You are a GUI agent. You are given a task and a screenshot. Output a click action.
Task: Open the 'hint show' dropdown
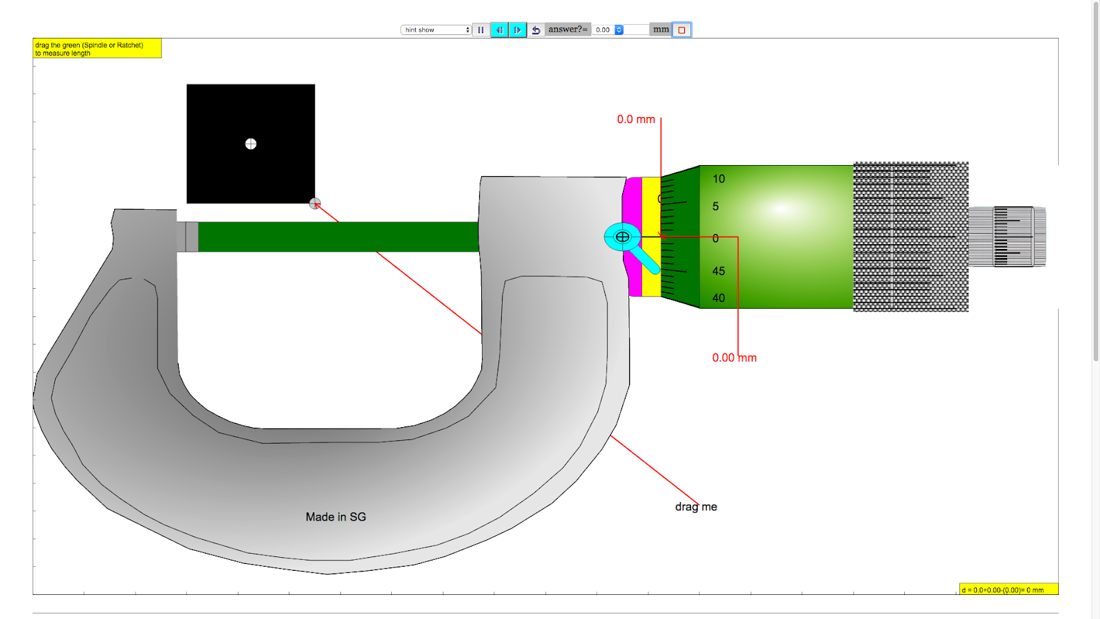click(x=436, y=30)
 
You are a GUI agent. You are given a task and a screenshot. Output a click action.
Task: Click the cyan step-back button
click(x=499, y=30)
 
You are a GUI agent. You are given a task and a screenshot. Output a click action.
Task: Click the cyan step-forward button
click(x=517, y=30)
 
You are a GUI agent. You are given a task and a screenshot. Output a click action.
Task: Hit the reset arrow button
click(x=536, y=30)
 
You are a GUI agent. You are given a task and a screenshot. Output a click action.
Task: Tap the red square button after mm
click(x=681, y=30)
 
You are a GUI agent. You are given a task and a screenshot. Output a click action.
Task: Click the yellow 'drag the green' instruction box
click(x=97, y=48)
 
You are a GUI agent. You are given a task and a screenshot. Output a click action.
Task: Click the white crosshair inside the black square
click(x=251, y=144)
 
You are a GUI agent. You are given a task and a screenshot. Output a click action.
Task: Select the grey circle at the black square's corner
click(x=315, y=204)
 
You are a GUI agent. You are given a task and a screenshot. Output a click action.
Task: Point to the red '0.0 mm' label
click(x=636, y=120)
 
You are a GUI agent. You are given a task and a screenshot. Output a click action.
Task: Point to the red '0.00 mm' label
click(x=734, y=358)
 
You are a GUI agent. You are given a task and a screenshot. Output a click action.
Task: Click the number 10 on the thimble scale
click(x=718, y=179)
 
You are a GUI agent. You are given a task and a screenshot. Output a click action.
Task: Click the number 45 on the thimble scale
click(x=718, y=271)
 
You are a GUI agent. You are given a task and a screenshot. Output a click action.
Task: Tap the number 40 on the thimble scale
click(x=718, y=298)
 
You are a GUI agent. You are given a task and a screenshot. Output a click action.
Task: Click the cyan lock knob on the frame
click(x=622, y=237)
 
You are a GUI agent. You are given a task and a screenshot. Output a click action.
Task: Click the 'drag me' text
click(x=696, y=507)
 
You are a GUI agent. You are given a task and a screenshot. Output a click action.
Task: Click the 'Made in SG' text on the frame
click(x=335, y=517)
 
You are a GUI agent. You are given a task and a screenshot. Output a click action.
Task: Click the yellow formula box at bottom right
click(x=1008, y=589)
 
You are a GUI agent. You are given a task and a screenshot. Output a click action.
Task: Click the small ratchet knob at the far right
click(x=1007, y=237)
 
